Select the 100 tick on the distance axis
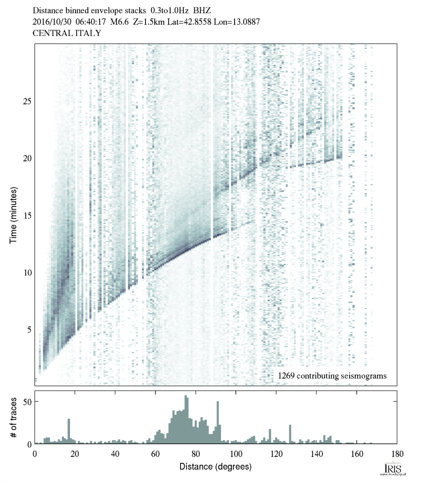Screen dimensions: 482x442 236,453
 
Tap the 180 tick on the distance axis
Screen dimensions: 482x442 397,453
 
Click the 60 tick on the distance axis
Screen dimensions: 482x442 156,453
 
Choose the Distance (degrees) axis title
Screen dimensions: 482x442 215,467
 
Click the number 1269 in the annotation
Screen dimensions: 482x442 286,376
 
